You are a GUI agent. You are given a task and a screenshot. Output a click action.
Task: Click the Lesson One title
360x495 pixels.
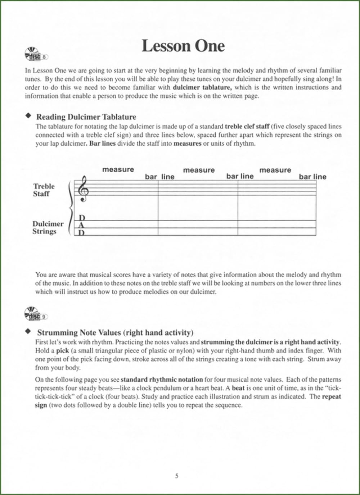pyautogui.click(x=183, y=46)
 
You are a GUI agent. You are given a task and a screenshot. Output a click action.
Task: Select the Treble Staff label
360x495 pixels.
pyautogui.click(x=44, y=190)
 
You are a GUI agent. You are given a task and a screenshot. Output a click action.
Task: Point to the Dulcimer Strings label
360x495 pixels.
pyautogui.click(x=47, y=227)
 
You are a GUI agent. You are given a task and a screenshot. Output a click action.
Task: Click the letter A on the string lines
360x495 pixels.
pyautogui.click(x=81, y=225)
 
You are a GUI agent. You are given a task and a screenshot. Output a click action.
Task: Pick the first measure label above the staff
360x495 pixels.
pyautogui.click(x=118, y=169)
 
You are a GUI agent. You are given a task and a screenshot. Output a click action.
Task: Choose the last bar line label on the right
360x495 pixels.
pyautogui.click(x=312, y=177)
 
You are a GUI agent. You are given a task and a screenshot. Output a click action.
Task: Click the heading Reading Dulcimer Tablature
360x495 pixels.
pyautogui.click(x=86, y=117)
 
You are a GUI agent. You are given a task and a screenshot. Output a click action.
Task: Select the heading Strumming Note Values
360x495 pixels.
pyautogui.click(x=115, y=332)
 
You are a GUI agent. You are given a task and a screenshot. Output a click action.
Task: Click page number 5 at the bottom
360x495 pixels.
pyautogui.click(x=176, y=476)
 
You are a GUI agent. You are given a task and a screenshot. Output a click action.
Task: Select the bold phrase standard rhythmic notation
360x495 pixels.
pyautogui.click(x=162, y=380)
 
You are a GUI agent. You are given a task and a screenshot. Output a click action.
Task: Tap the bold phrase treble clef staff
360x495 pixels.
pyautogui.click(x=247, y=127)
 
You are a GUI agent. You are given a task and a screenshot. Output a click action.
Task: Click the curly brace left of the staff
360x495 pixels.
pyautogui.click(x=70, y=208)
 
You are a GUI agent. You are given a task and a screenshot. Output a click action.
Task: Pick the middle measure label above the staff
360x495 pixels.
pyautogui.click(x=199, y=170)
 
